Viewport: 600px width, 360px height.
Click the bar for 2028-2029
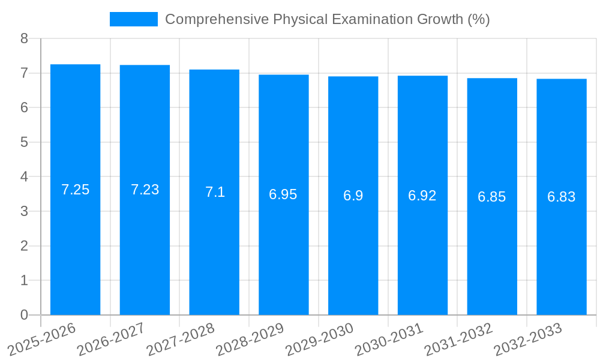(x=283, y=252)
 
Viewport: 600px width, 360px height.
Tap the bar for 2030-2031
(x=422, y=252)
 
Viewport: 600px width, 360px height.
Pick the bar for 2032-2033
(x=561, y=252)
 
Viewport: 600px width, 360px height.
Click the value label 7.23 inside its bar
(x=145, y=190)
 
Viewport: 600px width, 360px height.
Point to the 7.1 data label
(x=215, y=192)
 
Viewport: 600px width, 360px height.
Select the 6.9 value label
(x=353, y=196)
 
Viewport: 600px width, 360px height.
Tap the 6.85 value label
(x=492, y=197)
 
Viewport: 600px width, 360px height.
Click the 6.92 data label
(x=422, y=196)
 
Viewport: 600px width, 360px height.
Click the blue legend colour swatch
(x=133, y=19)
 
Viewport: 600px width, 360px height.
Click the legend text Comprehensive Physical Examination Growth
(x=327, y=19)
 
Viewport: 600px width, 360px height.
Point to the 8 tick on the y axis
(x=24, y=38)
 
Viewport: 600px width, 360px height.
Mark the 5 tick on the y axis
(x=24, y=142)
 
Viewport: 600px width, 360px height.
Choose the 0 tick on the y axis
(x=24, y=315)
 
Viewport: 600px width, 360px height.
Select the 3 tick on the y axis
(x=24, y=211)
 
